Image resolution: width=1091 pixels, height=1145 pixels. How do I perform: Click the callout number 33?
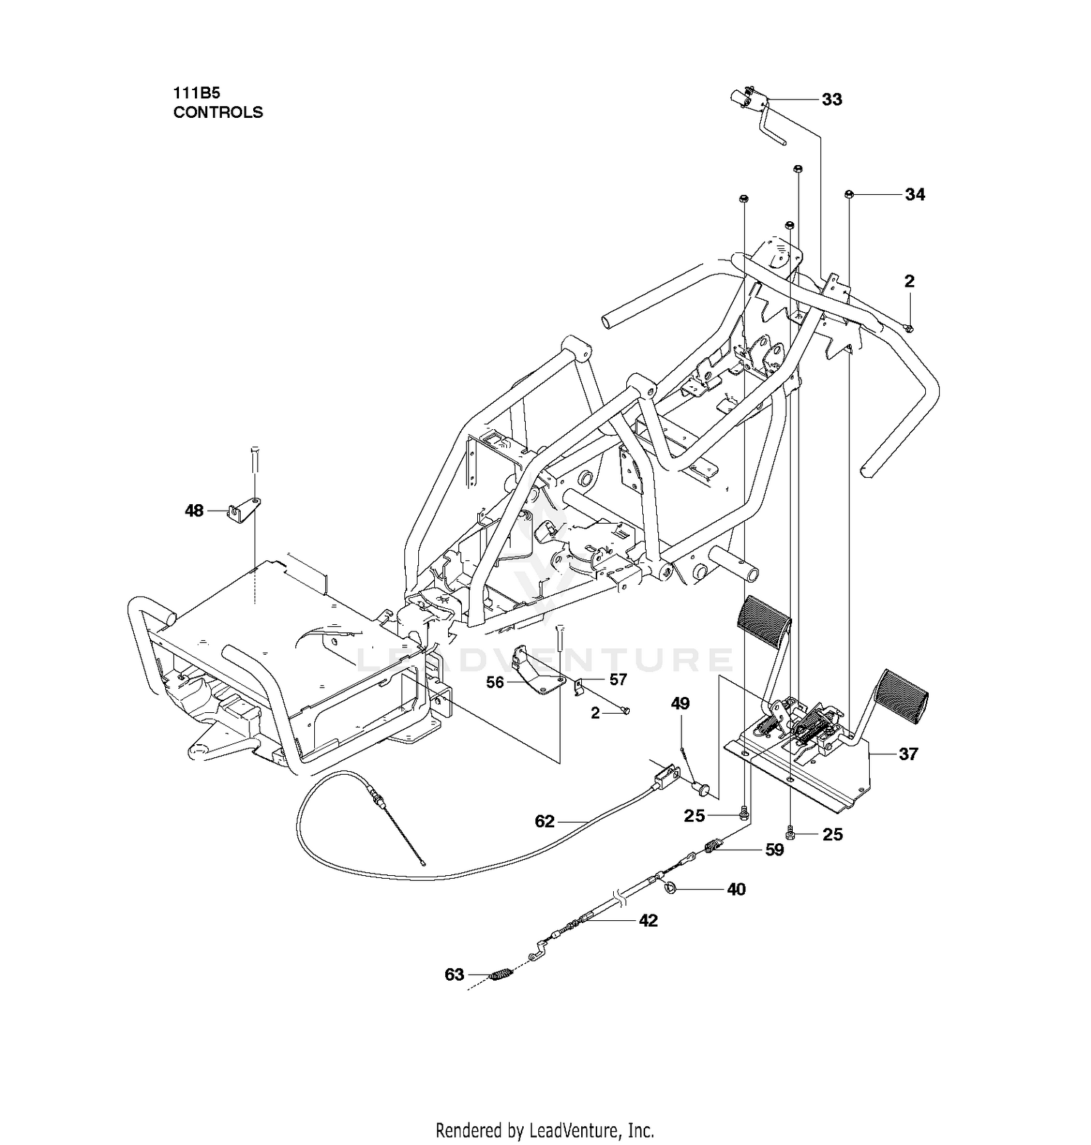tap(831, 99)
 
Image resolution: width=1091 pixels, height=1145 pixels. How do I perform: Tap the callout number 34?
tap(915, 194)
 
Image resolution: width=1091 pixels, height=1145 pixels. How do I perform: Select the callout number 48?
tap(194, 511)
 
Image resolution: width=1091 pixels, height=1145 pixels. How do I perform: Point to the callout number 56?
tap(495, 682)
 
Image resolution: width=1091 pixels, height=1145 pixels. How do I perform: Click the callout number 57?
tap(618, 679)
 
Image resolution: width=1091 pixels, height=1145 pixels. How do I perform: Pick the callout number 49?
tap(680, 703)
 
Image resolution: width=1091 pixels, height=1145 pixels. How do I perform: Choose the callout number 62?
tap(545, 821)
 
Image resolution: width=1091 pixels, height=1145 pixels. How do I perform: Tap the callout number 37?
tap(908, 754)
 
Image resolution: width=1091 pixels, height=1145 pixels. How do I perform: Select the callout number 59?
tap(775, 849)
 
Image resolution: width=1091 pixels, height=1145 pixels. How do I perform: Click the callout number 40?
tap(736, 889)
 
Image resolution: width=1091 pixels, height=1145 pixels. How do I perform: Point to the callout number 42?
tap(648, 920)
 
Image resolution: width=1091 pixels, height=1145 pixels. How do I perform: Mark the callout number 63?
tap(454, 974)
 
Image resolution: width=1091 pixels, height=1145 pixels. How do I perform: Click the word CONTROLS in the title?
tap(218, 112)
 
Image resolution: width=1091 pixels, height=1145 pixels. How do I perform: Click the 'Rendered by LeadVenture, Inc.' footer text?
tap(545, 1130)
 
